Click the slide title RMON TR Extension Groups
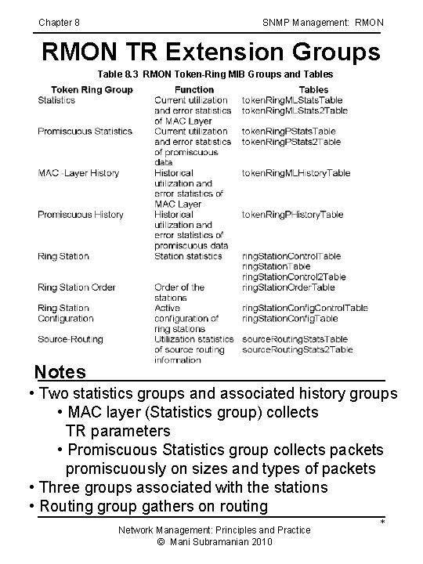(x=211, y=52)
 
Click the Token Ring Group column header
(x=92, y=89)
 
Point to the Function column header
(x=193, y=89)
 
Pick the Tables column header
(x=291, y=89)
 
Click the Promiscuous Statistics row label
(x=85, y=131)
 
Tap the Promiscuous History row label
(x=81, y=214)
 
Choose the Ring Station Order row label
(x=77, y=287)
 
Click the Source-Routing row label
(x=70, y=339)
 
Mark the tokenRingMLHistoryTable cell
(x=295, y=172)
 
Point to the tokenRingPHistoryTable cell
(x=292, y=214)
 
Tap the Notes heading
(x=60, y=370)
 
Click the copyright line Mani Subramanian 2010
(x=214, y=541)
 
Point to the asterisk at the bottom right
(x=382, y=522)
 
